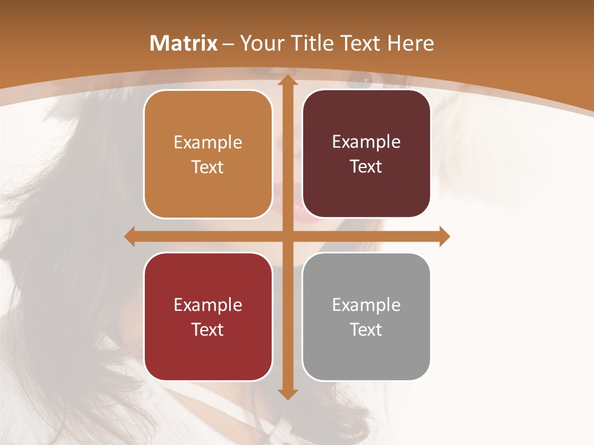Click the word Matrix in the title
184,43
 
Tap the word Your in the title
259,43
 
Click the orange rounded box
208,185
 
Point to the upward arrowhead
287,80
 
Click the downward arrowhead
287,394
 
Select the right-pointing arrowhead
444,236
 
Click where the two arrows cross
287,236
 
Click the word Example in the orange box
208,143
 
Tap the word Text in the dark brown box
366,167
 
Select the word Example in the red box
208,305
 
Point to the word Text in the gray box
366,329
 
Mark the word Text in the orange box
208,167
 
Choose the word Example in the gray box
366,305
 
